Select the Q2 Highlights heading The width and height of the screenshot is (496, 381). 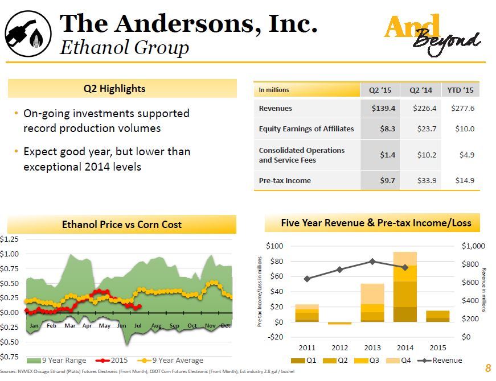[x=122, y=89]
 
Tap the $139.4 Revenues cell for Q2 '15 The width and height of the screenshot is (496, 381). [x=380, y=108]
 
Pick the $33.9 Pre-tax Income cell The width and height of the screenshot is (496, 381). [x=424, y=181]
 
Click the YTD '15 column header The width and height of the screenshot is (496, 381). [x=461, y=90]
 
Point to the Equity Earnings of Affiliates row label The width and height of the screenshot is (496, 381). [x=306, y=129]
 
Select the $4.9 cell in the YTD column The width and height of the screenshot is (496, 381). [x=465, y=155]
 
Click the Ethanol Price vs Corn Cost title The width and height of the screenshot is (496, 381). [x=122, y=225]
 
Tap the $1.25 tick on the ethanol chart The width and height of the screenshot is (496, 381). [x=10, y=239]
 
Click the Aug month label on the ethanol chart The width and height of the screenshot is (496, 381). [x=157, y=325]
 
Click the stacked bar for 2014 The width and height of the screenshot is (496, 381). [x=405, y=287]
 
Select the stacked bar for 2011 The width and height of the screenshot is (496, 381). [x=307, y=313]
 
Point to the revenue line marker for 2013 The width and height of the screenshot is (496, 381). [x=372, y=262]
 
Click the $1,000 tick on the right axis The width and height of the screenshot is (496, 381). [x=473, y=246]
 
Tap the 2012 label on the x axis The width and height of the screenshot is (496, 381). [x=339, y=347]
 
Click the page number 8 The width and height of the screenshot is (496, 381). [x=487, y=367]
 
